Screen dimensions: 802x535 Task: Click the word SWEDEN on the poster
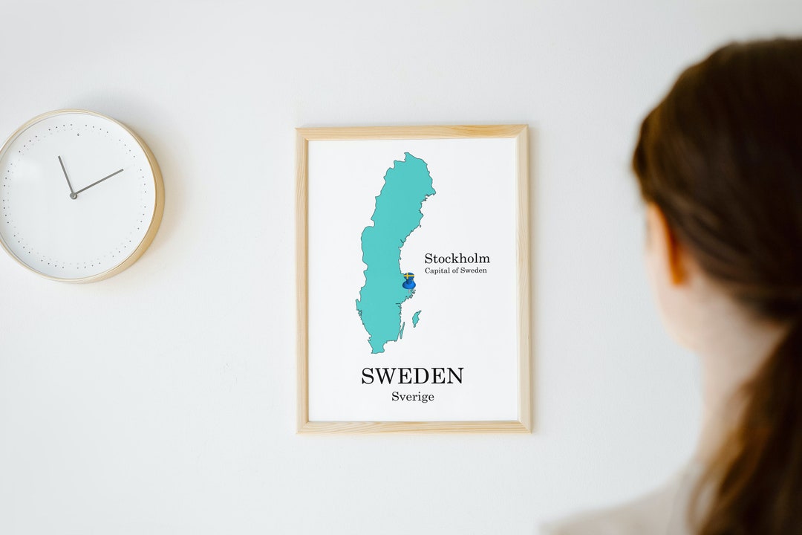tap(412, 376)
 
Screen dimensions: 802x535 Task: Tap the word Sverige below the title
tap(413, 397)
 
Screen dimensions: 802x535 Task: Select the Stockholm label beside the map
tap(457, 259)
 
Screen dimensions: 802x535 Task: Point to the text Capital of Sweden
tap(456, 271)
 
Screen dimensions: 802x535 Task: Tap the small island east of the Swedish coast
tap(417, 319)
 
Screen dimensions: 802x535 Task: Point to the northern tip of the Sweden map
tap(408, 155)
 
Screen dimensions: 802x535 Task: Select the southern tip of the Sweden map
tap(376, 349)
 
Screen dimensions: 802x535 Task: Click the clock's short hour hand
tap(66, 175)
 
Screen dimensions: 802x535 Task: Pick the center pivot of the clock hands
tap(74, 195)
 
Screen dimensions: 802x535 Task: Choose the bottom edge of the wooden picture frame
tap(413, 427)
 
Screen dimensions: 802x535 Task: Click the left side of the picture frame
tap(302, 279)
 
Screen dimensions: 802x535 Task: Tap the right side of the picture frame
tap(524, 279)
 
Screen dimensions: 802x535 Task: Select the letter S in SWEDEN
tap(368, 376)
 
